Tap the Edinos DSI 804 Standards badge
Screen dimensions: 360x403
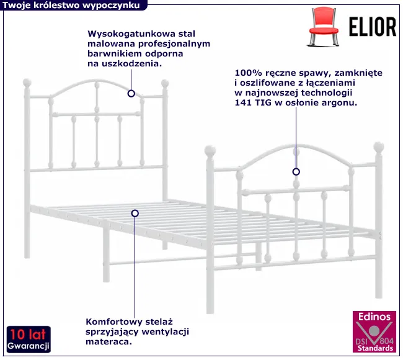372,333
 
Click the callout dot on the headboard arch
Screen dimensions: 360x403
131,94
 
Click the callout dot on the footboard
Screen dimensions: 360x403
296,171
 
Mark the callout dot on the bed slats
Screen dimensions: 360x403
135,213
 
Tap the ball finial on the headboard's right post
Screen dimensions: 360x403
165,83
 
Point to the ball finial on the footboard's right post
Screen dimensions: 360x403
378,148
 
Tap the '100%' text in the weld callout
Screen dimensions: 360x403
247,72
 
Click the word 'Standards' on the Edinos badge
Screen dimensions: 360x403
372,349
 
